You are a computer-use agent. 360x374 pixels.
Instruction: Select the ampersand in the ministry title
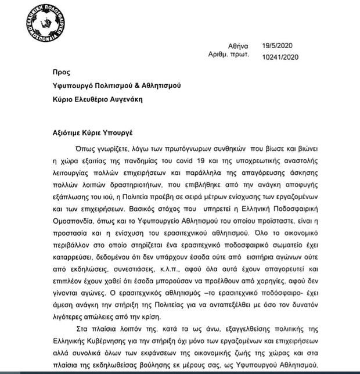[x=150, y=87]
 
